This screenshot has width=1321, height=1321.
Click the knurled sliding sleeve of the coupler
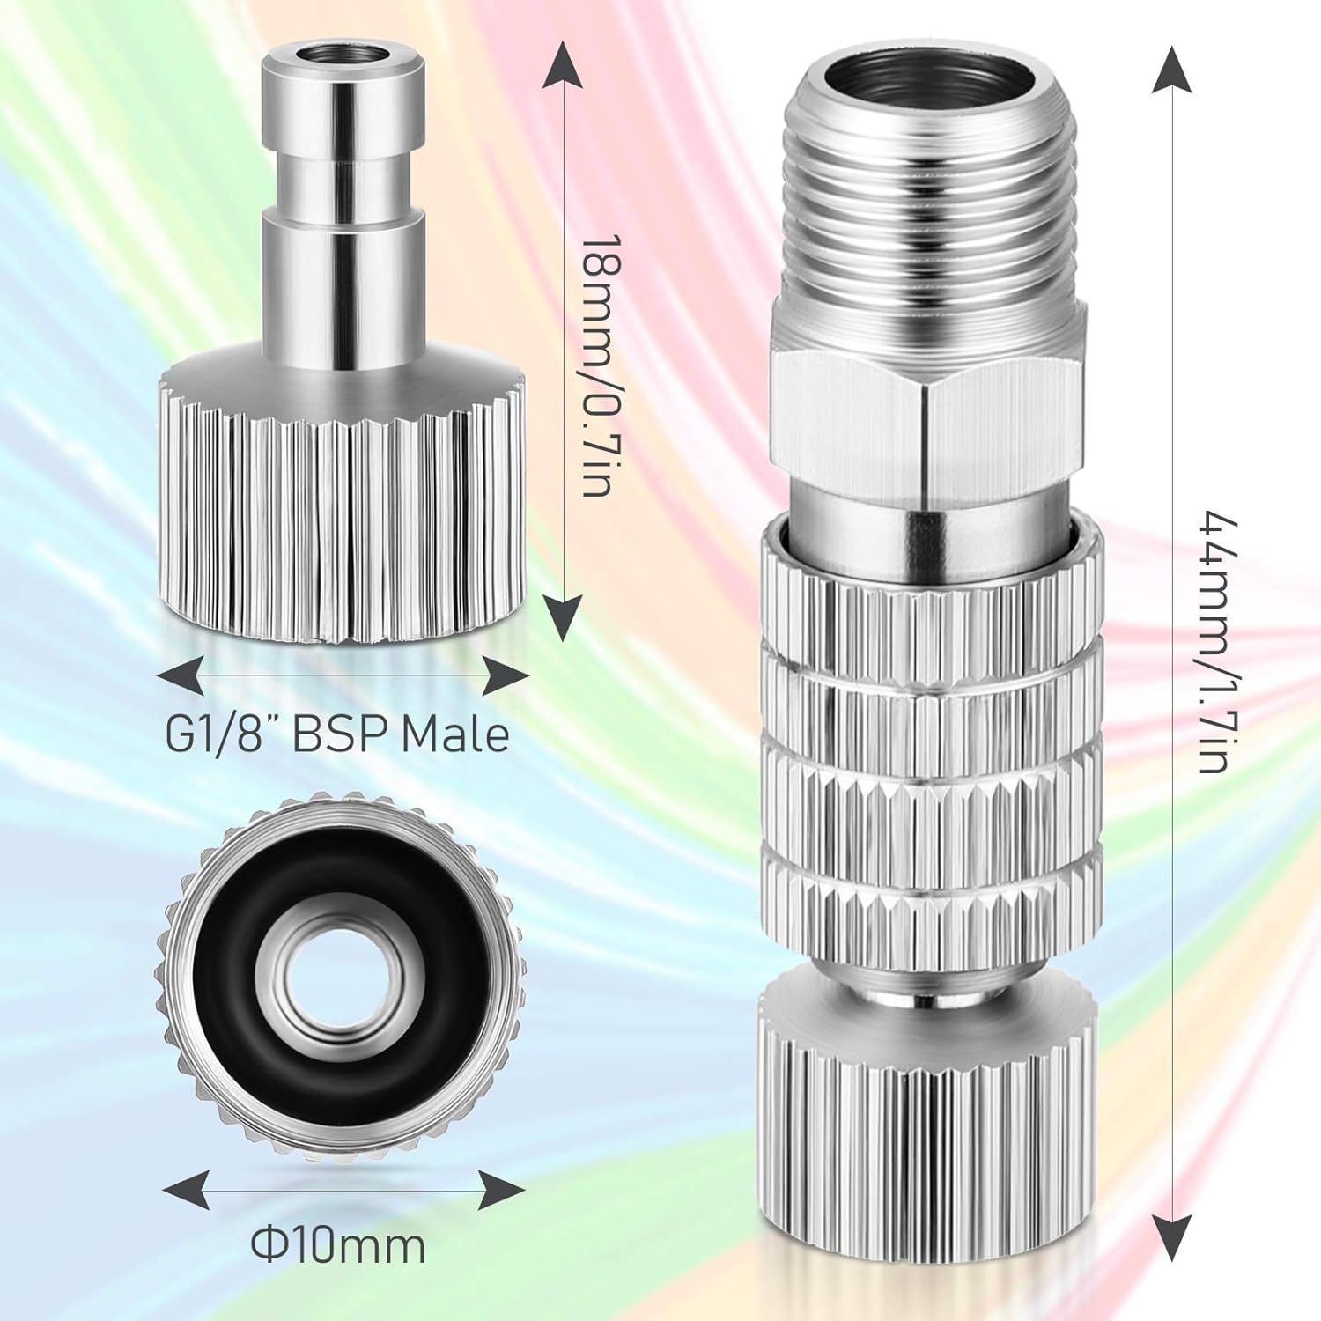(x=928, y=740)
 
